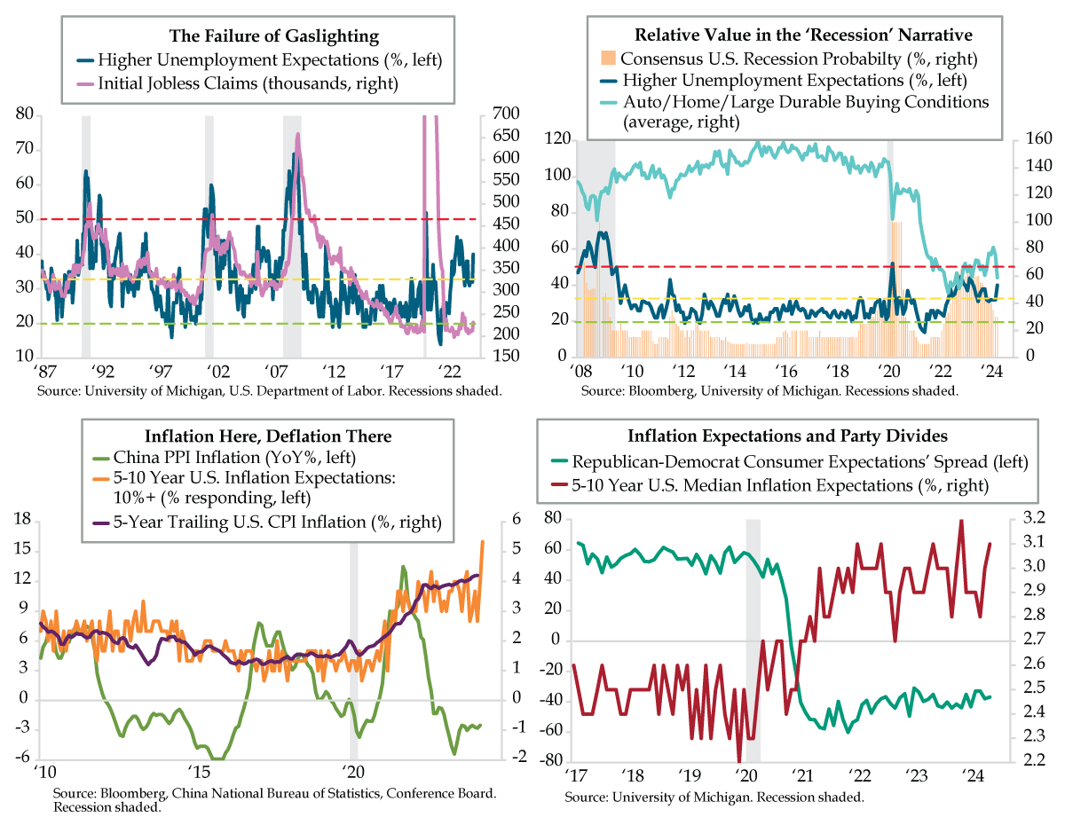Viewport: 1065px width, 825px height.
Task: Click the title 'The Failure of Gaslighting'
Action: [x=274, y=36]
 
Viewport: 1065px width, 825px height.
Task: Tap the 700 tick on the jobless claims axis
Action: [x=499, y=114]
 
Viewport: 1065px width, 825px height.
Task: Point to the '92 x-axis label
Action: [x=100, y=370]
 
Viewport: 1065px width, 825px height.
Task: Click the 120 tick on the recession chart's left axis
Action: [x=556, y=138]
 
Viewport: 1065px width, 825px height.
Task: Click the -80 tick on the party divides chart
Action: [x=551, y=760]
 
